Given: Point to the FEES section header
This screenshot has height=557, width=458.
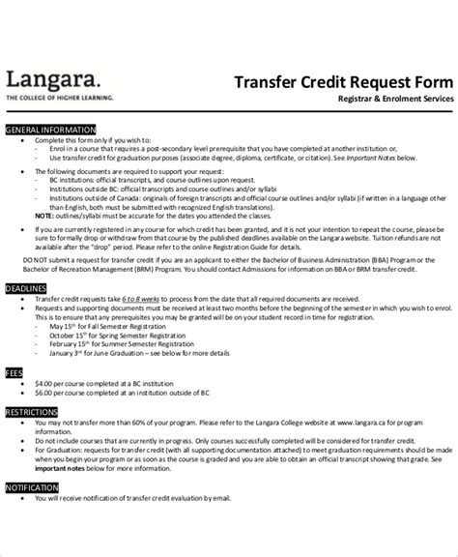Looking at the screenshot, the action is tap(15, 370).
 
